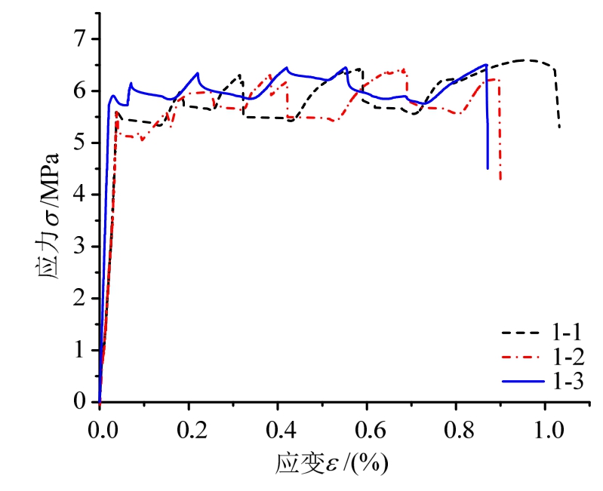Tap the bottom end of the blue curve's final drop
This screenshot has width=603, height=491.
(x=488, y=168)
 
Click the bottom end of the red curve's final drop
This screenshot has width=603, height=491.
(x=501, y=179)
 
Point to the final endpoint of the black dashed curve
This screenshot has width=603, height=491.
(x=559, y=127)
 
